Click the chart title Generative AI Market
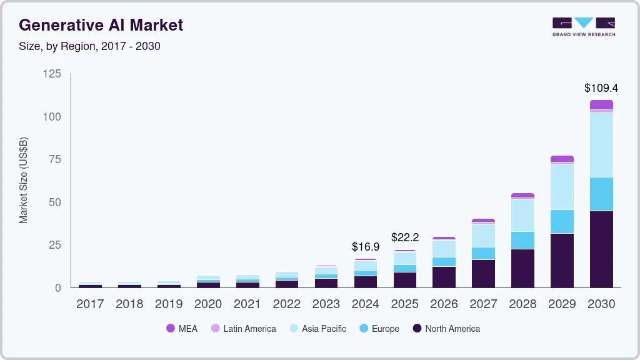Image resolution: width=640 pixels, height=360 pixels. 101,25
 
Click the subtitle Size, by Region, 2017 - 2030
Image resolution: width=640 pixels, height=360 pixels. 90,46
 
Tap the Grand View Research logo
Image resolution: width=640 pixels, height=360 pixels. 583,26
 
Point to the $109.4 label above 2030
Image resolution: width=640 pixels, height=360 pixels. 601,88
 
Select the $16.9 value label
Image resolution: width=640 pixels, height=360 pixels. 366,247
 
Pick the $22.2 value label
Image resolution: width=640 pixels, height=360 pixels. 405,237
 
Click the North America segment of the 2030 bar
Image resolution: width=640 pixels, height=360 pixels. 601,249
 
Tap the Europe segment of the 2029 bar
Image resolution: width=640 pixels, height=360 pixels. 562,221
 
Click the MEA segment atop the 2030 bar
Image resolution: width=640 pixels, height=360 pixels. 601,104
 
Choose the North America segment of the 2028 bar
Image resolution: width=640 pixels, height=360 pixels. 522,268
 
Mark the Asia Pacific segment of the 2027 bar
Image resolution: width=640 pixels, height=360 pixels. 483,235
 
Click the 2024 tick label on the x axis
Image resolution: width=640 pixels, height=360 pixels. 366,304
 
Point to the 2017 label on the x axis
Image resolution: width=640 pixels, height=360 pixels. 90,304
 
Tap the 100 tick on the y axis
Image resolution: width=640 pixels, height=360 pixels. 52,117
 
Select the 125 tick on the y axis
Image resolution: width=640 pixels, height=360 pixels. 52,74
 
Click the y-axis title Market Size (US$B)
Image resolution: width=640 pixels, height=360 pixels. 24,180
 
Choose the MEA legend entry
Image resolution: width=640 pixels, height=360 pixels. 182,329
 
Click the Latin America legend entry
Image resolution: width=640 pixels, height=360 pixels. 243,329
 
